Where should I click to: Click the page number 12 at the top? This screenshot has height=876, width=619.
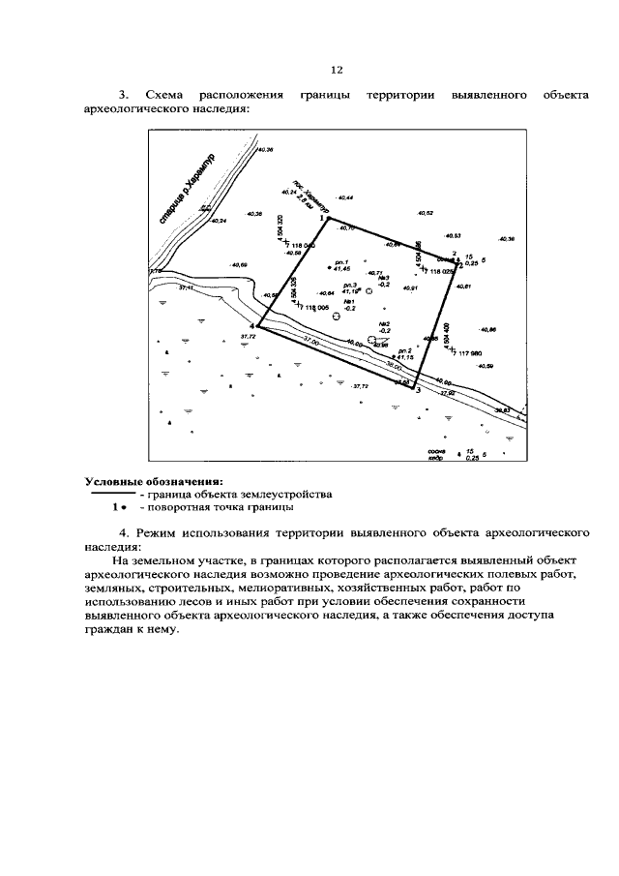[x=337, y=70]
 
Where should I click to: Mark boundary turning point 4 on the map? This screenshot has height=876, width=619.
[x=258, y=326]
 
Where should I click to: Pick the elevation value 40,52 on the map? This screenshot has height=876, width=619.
[x=425, y=212]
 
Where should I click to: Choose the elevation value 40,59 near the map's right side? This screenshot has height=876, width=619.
[x=484, y=366]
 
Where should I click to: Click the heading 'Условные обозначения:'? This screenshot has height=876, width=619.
[x=154, y=480]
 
